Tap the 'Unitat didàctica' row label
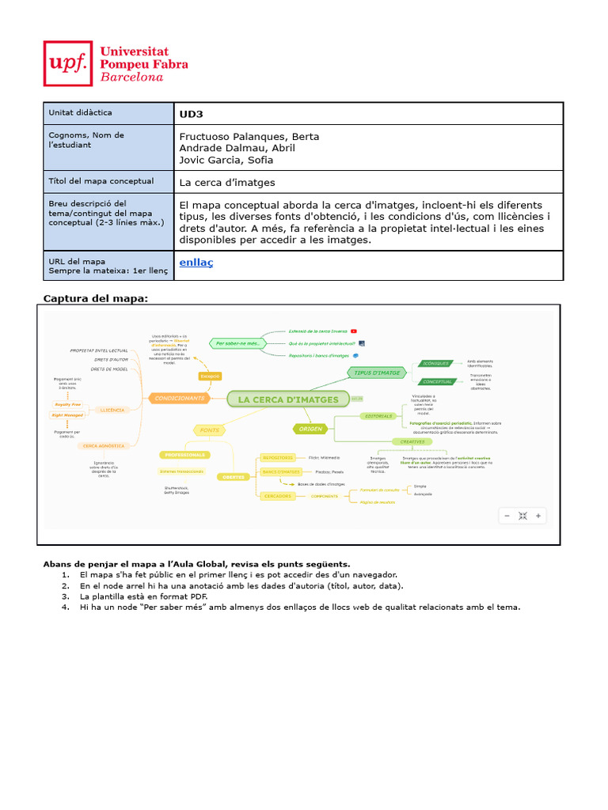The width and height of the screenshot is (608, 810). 81,113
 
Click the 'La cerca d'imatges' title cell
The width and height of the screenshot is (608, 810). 227,182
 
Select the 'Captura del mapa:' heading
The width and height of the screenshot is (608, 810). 95,297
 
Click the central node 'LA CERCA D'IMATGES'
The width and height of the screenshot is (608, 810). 288,399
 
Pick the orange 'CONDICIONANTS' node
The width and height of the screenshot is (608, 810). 180,398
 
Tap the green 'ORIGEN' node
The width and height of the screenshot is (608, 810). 310,428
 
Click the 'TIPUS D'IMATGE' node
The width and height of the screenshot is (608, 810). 377,372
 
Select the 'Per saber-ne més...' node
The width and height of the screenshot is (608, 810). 237,343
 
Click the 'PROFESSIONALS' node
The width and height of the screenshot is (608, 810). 184,455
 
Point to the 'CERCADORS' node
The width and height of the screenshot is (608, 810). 277,496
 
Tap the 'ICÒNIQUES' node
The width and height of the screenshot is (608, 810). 436,363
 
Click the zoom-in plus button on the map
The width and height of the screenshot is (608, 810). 538,516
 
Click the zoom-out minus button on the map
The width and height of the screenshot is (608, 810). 507,516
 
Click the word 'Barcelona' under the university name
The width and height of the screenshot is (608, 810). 131,77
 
